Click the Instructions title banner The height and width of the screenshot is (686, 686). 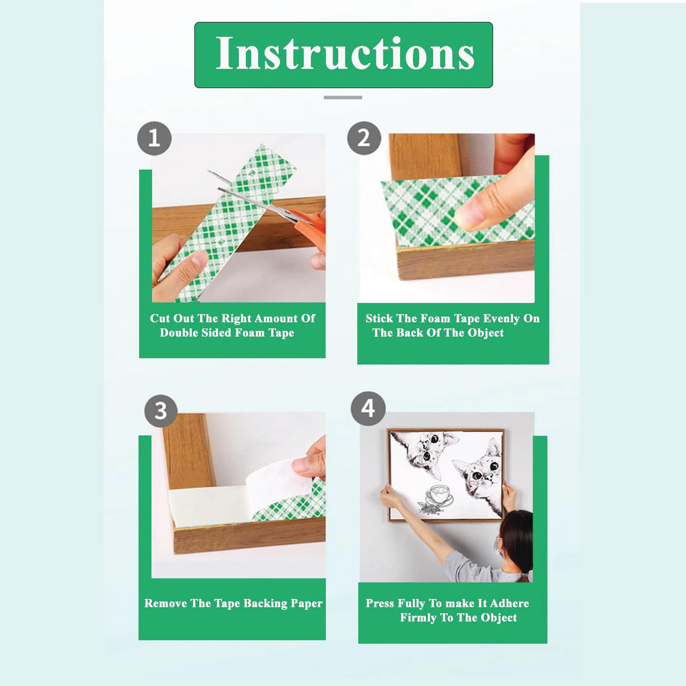[343, 55]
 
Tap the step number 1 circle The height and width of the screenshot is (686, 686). [154, 139]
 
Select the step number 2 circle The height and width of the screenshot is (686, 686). [364, 138]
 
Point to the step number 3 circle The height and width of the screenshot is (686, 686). [161, 411]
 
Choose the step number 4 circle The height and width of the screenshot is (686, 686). [368, 409]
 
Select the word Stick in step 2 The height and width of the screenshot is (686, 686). [378, 318]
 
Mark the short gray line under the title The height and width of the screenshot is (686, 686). [343, 97]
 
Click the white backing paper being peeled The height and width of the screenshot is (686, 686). [281, 484]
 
